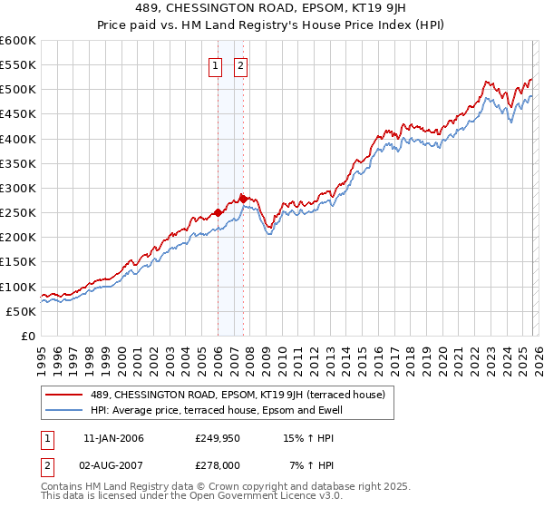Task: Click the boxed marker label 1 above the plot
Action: (217, 65)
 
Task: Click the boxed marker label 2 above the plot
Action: (242, 65)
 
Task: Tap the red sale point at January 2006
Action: (218, 213)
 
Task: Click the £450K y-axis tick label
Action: (18, 114)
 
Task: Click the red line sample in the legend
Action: (65, 395)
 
